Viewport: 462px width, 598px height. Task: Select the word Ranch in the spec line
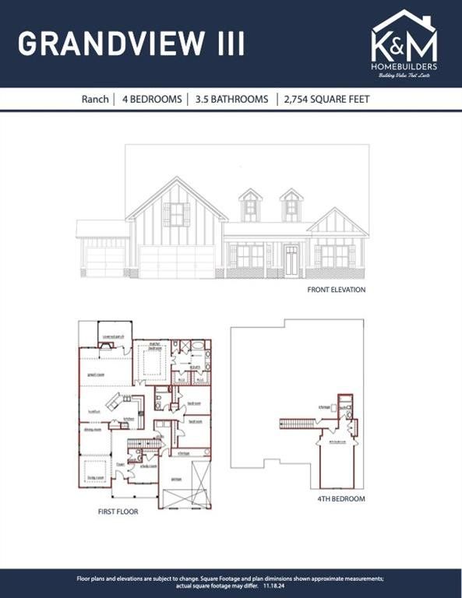(95, 100)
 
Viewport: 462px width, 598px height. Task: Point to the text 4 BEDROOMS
(152, 100)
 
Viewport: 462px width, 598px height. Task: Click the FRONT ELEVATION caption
(337, 290)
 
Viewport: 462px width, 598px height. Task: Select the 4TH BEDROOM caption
(340, 499)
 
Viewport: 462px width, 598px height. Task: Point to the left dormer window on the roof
(250, 206)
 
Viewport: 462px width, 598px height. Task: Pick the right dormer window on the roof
(291, 206)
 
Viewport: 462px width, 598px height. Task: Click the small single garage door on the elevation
(104, 262)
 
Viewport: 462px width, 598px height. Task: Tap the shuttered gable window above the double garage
(176, 214)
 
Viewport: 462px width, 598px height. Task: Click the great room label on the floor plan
(96, 374)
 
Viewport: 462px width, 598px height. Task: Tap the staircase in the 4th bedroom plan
(301, 423)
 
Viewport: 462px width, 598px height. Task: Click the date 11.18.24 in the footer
(274, 586)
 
